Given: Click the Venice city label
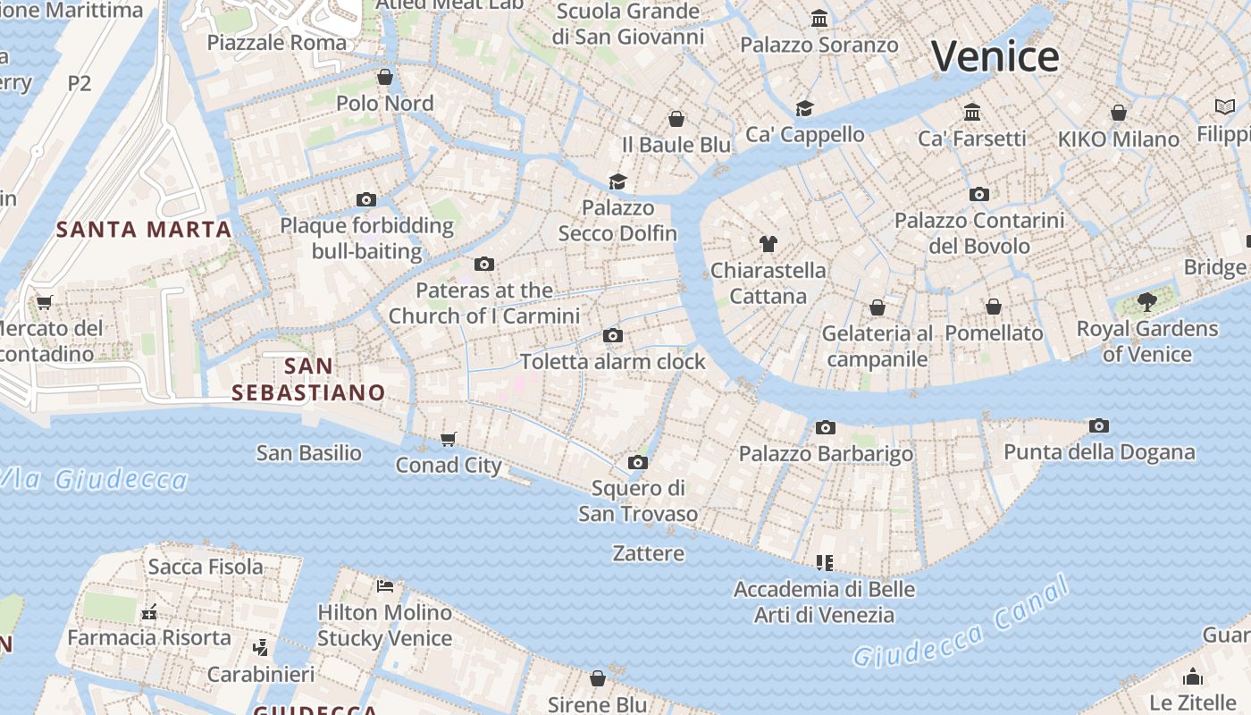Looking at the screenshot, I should click(x=995, y=57).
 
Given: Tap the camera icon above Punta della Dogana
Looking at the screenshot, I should click(x=1099, y=426).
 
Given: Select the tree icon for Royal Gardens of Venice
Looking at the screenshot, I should click(x=1147, y=302).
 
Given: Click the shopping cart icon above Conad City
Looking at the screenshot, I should click(x=449, y=439).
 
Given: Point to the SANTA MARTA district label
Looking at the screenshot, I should click(x=144, y=230).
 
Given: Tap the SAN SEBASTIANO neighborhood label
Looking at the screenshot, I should click(x=308, y=379).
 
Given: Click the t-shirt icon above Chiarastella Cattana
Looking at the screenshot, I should click(x=768, y=243).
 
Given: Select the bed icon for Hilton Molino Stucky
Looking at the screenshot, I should click(x=385, y=586).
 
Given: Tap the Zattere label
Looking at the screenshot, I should click(x=649, y=553).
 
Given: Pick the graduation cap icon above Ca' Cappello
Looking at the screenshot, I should click(x=804, y=108).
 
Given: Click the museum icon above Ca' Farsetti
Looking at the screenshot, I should click(x=972, y=113).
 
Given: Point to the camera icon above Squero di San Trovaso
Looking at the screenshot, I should click(x=637, y=462).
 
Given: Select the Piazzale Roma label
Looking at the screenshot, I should click(x=277, y=42).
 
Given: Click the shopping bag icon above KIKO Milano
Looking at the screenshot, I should click(x=1118, y=113).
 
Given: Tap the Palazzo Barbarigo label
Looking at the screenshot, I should click(x=826, y=454).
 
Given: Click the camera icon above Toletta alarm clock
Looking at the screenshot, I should click(x=612, y=336).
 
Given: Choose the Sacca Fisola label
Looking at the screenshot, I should click(x=206, y=566).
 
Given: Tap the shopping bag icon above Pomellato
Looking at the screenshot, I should click(x=994, y=307).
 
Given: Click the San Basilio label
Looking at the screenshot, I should click(x=309, y=453).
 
